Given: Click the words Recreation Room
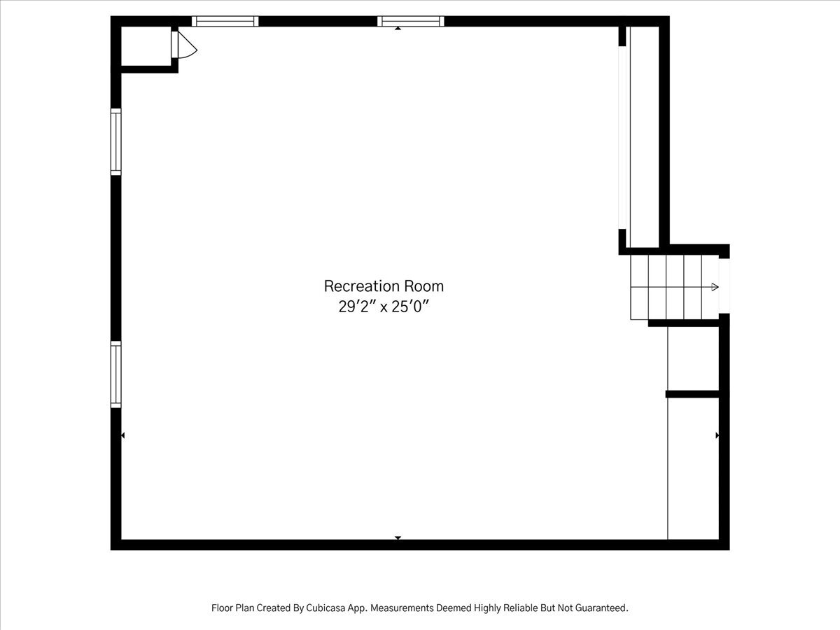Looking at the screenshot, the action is [x=384, y=286].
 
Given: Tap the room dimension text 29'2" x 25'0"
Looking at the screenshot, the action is [x=384, y=307].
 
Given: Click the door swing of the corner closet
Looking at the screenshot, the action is [x=188, y=45].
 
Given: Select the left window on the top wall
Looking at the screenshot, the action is [x=225, y=22].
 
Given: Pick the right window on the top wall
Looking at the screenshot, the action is [x=411, y=22].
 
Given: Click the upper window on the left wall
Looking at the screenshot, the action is [x=116, y=142].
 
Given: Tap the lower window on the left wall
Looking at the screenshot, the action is [x=116, y=374].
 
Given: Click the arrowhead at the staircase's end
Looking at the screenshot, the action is [x=715, y=287].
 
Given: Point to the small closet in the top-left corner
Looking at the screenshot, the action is [x=146, y=46].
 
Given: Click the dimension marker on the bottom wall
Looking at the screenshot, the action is [x=398, y=538].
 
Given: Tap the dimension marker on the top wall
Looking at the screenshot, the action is [x=398, y=28].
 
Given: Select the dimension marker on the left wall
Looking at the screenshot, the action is [x=122, y=435].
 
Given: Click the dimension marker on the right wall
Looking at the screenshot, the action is [x=717, y=435].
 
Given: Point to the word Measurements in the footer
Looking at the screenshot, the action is [x=402, y=608].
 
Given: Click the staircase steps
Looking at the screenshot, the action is [x=675, y=287].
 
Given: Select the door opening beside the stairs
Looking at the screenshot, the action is [x=724, y=286].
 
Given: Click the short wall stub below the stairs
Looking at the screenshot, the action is [x=693, y=394].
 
